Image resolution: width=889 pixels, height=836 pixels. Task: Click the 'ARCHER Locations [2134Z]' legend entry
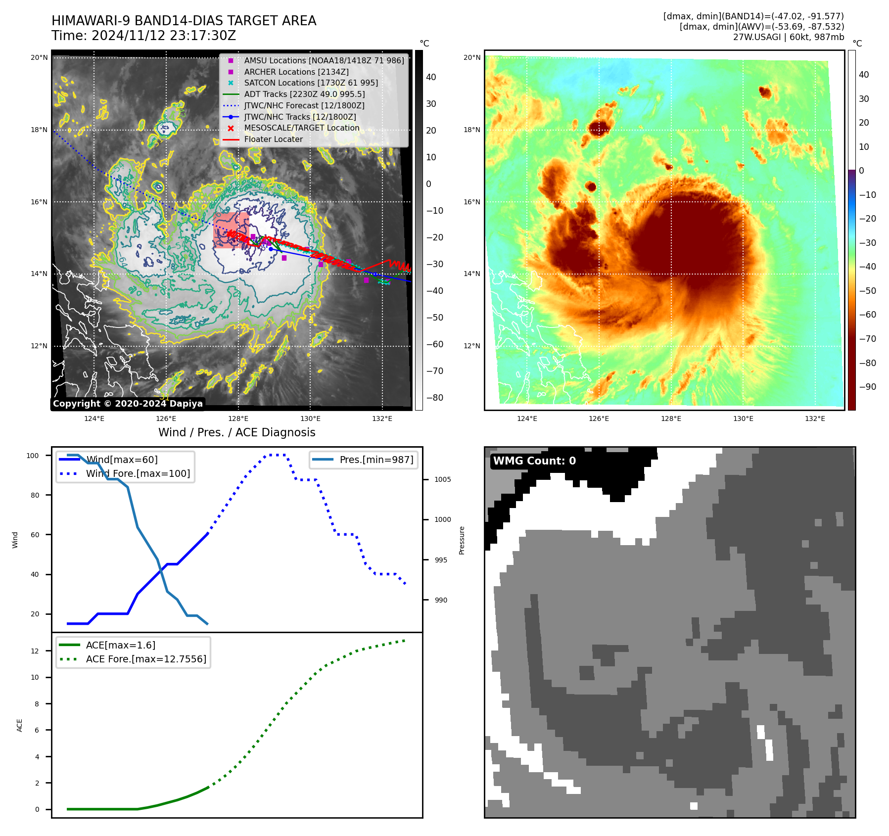[x=296, y=72]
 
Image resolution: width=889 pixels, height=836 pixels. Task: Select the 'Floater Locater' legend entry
[x=273, y=139]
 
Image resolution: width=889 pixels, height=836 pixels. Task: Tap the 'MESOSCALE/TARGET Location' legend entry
[x=301, y=128]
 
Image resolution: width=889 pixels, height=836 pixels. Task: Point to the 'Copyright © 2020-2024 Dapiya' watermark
[x=128, y=404]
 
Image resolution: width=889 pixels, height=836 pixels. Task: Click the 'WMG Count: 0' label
[x=534, y=461]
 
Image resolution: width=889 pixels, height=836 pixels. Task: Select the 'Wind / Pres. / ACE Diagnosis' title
[x=236, y=432]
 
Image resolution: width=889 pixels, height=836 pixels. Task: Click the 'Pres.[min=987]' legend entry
[x=376, y=460]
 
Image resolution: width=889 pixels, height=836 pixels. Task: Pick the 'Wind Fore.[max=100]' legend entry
[x=138, y=473]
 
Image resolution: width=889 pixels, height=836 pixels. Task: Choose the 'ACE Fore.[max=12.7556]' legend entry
[x=146, y=659]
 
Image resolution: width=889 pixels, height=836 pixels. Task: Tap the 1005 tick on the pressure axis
[x=443, y=479]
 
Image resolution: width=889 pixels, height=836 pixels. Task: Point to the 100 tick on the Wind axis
[x=33, y=456]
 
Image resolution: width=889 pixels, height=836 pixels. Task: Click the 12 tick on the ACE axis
[x=35, y=651]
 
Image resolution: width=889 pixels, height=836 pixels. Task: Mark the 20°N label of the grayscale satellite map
[x=39, y=58]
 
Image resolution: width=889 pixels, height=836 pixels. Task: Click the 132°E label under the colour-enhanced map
[x=815, y=418]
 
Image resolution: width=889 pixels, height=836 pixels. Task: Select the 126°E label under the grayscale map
[x=166, y=418]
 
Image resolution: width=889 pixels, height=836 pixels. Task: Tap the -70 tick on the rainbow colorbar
[x=867, y=339]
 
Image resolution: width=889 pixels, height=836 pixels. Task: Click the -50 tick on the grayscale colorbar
[x=435, y=318]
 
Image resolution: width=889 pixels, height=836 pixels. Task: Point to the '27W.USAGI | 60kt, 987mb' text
[x=788, y=37]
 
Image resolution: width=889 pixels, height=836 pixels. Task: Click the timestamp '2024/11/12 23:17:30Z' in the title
[x=164, y=36]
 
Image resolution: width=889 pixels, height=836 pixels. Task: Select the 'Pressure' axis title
[x=462, y=540]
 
